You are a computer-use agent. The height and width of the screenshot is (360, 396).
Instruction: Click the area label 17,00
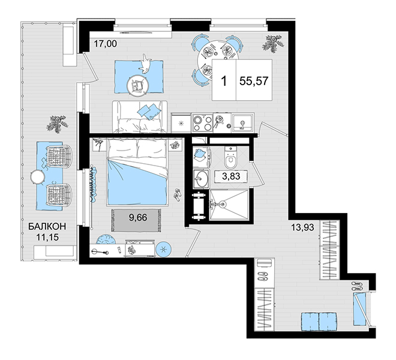point(106,44)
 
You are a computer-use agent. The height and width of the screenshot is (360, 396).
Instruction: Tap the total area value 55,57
point(254,82)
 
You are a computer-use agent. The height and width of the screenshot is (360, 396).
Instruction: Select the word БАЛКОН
point(47,226)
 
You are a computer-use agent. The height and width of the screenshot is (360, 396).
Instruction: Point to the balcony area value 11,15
point(47,237)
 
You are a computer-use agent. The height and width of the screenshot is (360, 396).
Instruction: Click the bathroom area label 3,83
point(231,176)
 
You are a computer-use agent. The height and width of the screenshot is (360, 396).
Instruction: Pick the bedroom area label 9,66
point(138,217)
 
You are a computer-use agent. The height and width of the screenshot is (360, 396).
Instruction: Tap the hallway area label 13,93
point(303,227)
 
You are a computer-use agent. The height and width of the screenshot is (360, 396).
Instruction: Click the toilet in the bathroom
point(231,157)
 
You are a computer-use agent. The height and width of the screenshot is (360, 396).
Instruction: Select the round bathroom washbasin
point(201,178)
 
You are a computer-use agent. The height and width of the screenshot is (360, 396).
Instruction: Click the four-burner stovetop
point(202,123)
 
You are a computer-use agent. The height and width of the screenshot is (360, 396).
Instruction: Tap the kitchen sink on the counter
point(243,122)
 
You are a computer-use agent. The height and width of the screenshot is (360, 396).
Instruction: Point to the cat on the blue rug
point(145,64)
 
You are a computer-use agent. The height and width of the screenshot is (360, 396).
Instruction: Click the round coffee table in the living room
point(137,86)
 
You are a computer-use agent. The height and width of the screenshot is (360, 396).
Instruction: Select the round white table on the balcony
point(38,177)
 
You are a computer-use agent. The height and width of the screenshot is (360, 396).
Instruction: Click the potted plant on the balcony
point(58,124)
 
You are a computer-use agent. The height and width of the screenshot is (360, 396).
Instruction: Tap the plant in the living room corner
point(273,43)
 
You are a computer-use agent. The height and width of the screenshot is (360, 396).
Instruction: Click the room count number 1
point(224,82)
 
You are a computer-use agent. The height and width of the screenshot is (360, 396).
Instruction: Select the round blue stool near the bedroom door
point(164,250)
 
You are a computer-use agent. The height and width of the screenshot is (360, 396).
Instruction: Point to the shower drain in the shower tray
point(222,204)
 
